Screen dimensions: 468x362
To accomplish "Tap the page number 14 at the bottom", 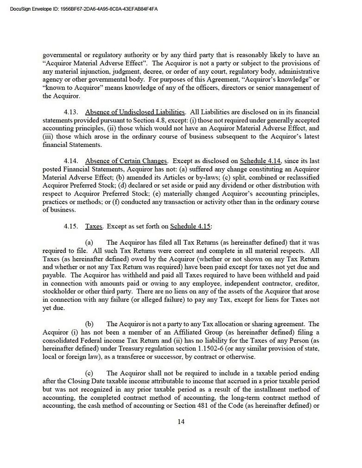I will click(181, 421).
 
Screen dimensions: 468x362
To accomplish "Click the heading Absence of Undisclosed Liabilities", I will click(135, 112).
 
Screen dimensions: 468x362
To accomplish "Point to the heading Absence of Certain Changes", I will click(126, 161).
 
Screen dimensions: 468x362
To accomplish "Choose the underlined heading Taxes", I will click(94, 226).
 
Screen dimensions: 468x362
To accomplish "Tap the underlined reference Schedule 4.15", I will click(191, 226).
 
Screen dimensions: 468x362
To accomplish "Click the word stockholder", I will click(61, 291).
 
